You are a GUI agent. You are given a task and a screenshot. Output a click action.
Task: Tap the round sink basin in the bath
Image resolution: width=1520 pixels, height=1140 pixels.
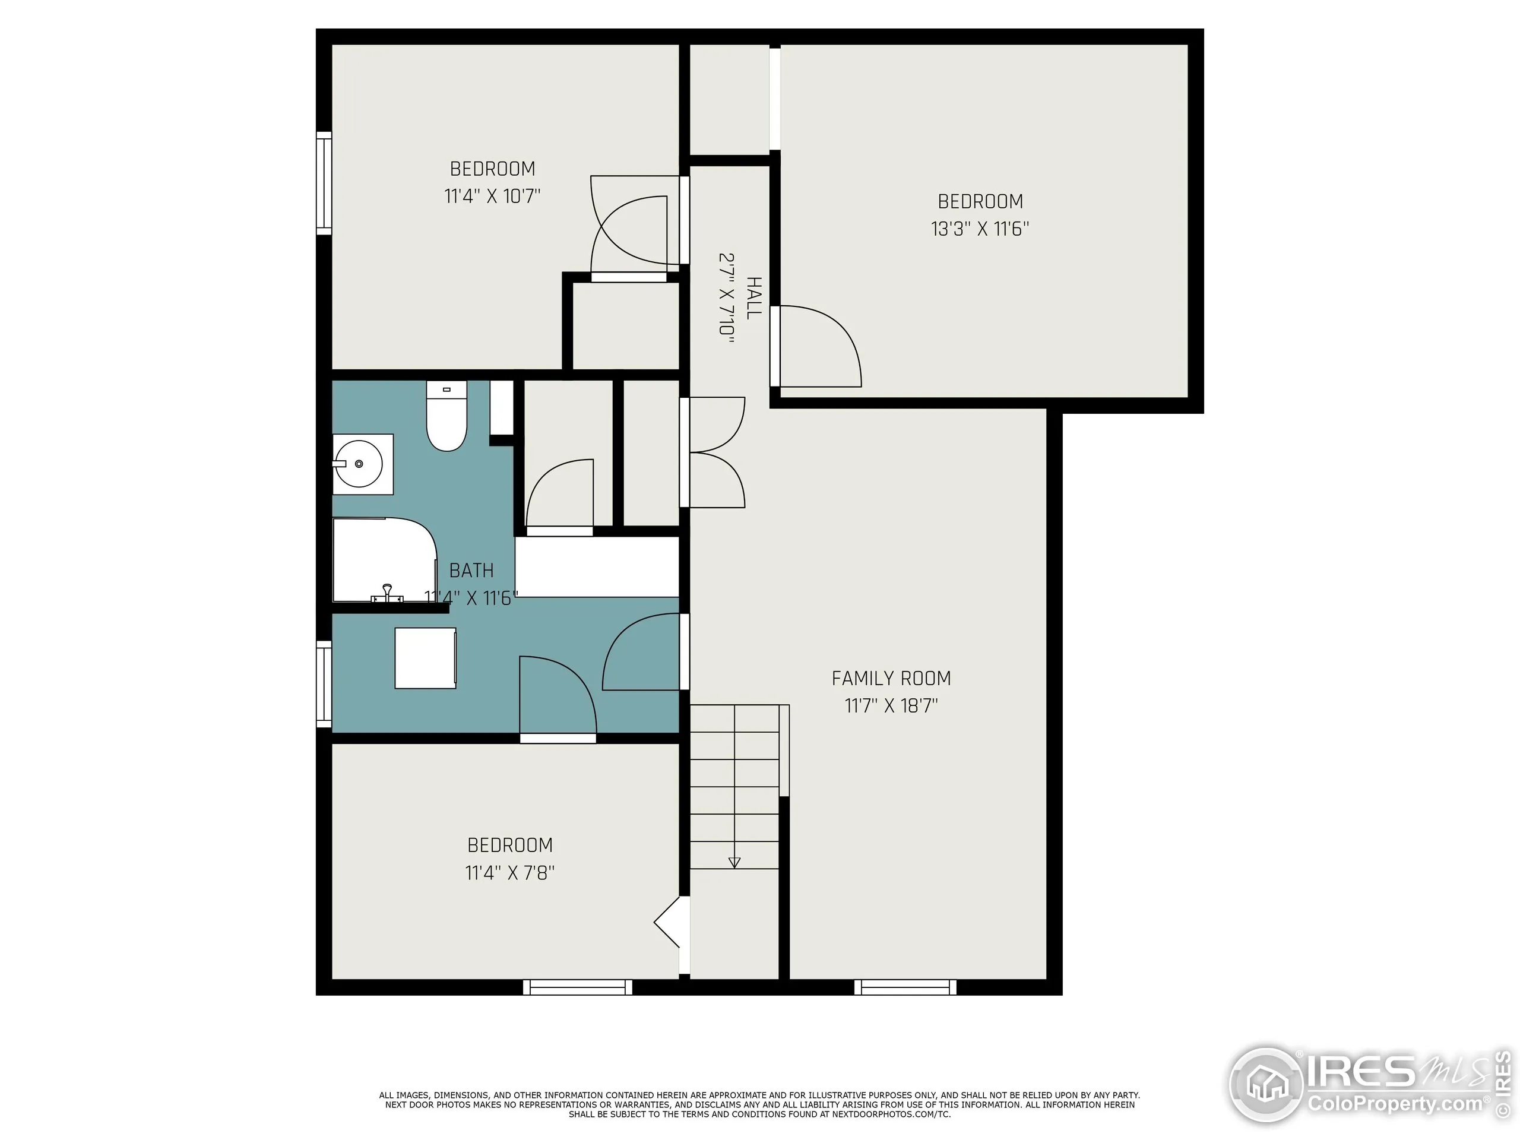click(358, 464)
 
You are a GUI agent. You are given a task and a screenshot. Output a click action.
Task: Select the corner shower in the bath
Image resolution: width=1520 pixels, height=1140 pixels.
click(384, 560)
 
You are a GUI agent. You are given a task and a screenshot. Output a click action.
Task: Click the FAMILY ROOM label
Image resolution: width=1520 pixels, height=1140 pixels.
click(891, 678)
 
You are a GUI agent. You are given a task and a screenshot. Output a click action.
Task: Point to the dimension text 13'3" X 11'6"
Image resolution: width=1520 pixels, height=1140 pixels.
click(980, 229)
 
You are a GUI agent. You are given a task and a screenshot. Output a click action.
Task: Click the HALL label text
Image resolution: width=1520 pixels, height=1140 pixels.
click(754, 297)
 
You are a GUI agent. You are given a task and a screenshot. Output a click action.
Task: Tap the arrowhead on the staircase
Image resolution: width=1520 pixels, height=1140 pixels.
click(734, 863)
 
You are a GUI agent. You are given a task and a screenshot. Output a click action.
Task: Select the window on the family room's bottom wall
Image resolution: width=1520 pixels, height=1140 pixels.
click(905, 987)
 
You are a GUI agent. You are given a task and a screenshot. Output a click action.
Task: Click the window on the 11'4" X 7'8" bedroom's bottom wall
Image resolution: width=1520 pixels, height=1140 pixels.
click(577, 987)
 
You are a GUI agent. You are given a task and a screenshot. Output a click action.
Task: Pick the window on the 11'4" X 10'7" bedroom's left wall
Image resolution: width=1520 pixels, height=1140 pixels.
click(324, 183)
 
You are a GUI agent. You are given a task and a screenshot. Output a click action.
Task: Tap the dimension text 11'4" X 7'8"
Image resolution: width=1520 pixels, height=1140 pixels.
click(510, 873)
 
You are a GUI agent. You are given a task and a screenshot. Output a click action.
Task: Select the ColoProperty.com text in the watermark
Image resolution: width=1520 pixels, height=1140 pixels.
click(1395, 1105)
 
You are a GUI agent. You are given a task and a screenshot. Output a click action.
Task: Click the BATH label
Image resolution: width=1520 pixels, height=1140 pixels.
click(471, 571)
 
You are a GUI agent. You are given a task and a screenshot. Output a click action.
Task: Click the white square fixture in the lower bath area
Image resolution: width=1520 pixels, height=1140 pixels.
click(425, 658)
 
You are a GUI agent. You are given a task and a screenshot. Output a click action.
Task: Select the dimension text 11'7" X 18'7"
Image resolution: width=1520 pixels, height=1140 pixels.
click(891, 706)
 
